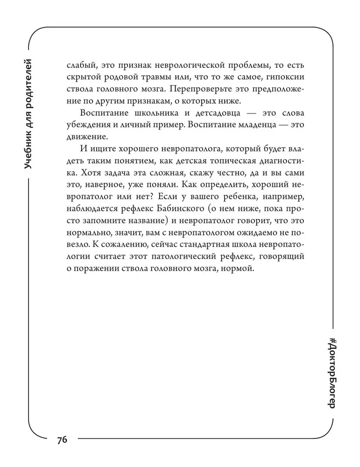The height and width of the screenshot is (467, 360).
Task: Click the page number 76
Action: pos(63,440)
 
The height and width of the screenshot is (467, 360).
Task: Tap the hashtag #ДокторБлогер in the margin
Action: pos(332,373)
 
